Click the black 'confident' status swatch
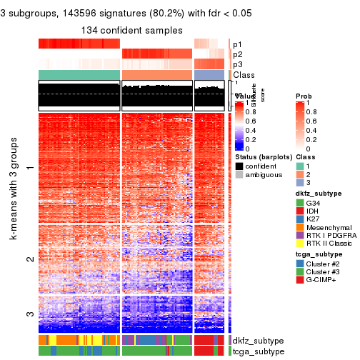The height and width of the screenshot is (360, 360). [239, 166]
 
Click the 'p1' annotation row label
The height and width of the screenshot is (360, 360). [237, 44]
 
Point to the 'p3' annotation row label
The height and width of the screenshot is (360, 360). [237, 64]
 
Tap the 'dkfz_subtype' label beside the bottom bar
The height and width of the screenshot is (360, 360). [257, 341]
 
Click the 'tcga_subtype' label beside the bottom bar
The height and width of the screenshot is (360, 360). [257, 351]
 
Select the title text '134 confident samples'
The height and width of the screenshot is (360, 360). [132, 30]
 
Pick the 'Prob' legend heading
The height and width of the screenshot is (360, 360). [304, 96]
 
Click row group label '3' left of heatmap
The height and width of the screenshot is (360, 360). [29, 314]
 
